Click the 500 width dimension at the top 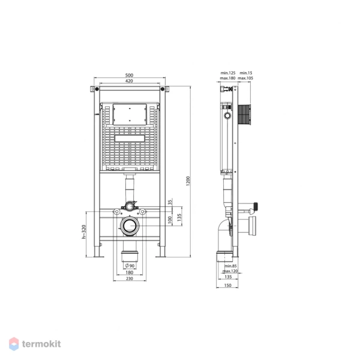pos(129,75)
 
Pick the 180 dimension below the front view pos(129,272)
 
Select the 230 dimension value pos(129,279)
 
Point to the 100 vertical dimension pos(170,220)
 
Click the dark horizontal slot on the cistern pos(129,137)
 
